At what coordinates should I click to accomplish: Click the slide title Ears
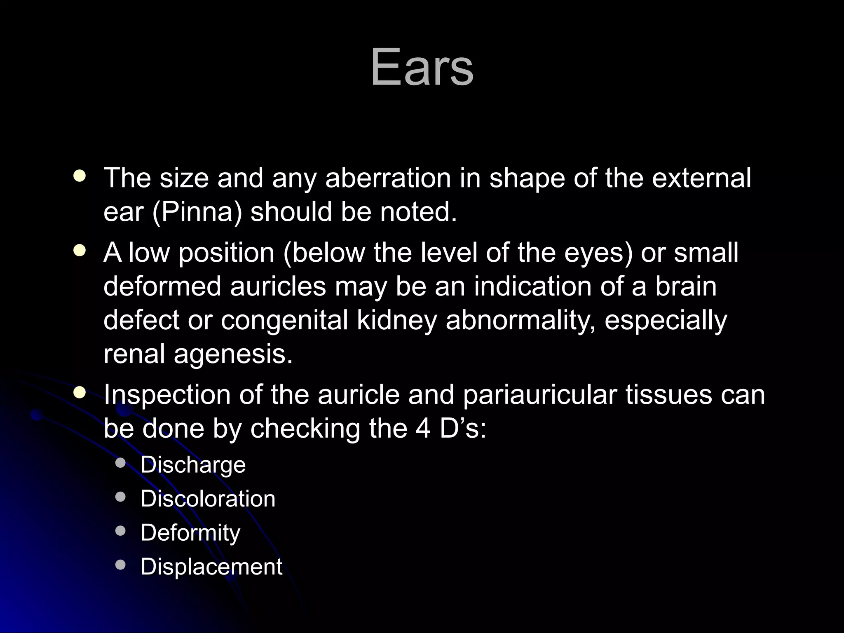click(x=422, y=67)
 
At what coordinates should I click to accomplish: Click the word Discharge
click(x=193, y=465)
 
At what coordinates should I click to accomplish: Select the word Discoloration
click(x=208, y=499)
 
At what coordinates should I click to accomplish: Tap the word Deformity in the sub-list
click(x=190, y=533)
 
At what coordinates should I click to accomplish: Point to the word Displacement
click(x=211, y=567)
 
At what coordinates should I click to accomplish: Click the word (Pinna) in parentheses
click(x=197, y=212)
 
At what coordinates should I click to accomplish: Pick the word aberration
click(x=388, y=178)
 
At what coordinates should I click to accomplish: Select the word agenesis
click(x=233, y=354)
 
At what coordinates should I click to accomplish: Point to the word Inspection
click(x=167, y=395)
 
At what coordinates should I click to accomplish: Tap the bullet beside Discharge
click(x=120, y=464)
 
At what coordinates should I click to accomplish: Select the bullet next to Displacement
click(x=120, y=565)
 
